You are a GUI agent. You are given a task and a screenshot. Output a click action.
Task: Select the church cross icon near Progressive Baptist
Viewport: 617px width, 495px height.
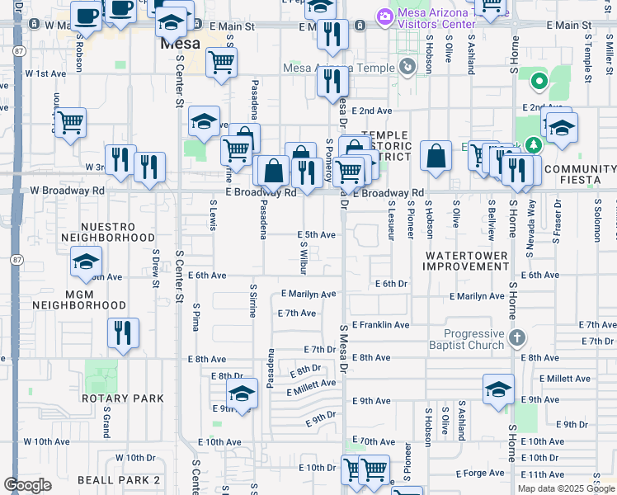(516, 337)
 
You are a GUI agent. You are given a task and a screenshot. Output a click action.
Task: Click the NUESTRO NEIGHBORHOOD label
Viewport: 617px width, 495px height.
(107, 232)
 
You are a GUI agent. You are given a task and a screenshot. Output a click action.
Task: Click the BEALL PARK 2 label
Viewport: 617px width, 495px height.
(119, 479)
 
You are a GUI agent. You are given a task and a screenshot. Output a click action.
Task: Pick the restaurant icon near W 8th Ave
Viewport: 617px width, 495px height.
(123, 332)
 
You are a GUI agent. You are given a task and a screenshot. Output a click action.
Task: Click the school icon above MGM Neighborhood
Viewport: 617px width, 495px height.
(86, 262)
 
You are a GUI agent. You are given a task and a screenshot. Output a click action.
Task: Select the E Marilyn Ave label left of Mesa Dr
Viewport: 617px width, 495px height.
(308, 294)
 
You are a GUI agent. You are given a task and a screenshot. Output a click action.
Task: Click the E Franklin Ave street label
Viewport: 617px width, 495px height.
(380, 325)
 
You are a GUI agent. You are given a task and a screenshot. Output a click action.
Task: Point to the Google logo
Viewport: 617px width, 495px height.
(27, 485)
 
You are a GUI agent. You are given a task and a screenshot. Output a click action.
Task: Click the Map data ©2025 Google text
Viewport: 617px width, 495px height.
(566, 488)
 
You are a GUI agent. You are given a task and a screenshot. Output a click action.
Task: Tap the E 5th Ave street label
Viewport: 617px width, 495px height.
(316, 235)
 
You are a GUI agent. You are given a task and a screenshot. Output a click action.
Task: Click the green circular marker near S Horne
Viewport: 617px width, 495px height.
(539, 81)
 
